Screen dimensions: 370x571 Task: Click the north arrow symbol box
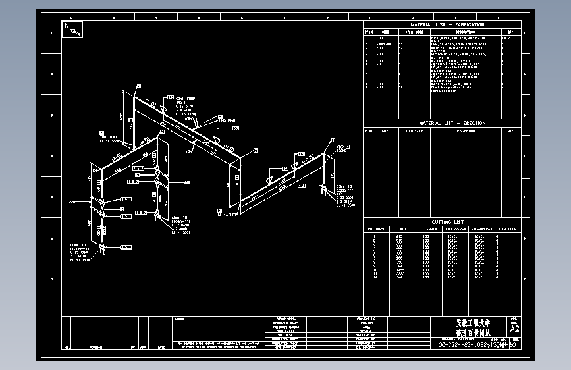click(72, 29)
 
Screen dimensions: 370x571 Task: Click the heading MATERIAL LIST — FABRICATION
click(442, 25)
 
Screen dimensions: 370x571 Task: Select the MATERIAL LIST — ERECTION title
click(442, 123)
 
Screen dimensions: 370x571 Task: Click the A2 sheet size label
click(514, 328)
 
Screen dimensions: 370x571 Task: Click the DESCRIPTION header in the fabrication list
click(465, 31)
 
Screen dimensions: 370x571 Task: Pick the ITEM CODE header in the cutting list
click(507, 229)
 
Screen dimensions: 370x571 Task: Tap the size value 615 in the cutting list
click(400, 236)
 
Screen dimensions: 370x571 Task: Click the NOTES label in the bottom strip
click(180, 319)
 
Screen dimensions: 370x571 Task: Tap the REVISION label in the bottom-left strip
click(96, 346)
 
